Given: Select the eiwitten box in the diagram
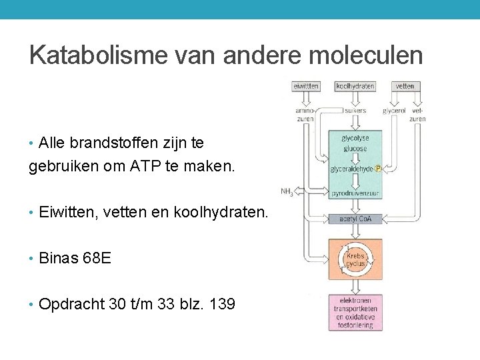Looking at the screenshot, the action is pyautogui.click(x=306, y=86).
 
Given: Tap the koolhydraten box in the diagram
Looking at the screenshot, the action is pyautogui.click(x=355, y=86).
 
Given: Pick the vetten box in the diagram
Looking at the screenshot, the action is pyautogui.click(x=405, y=86).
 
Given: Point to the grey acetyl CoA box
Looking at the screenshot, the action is pyautogui.click(x=355, y=219).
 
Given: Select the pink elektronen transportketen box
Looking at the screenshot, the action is pyautogui.click(x=355, y=313).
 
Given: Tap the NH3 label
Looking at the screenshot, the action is pyautogui.click(x=287, y=192).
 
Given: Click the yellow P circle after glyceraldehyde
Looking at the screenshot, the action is pyautogui.click(x=377, y=169).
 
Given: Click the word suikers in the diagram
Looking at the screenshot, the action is pyautogui.click(x=355, y=111).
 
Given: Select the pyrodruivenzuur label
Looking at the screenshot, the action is pyautogui.click(x=355, y=193).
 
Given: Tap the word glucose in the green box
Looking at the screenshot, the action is pyautogui.click(x=355, y=149).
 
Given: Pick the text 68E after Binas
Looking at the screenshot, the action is pyautogui.click(x=96, y=258).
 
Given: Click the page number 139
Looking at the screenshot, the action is pyautogui.click(x=222, y=305).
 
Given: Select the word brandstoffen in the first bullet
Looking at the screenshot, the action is pyautogui.click(x=113, y=143).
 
